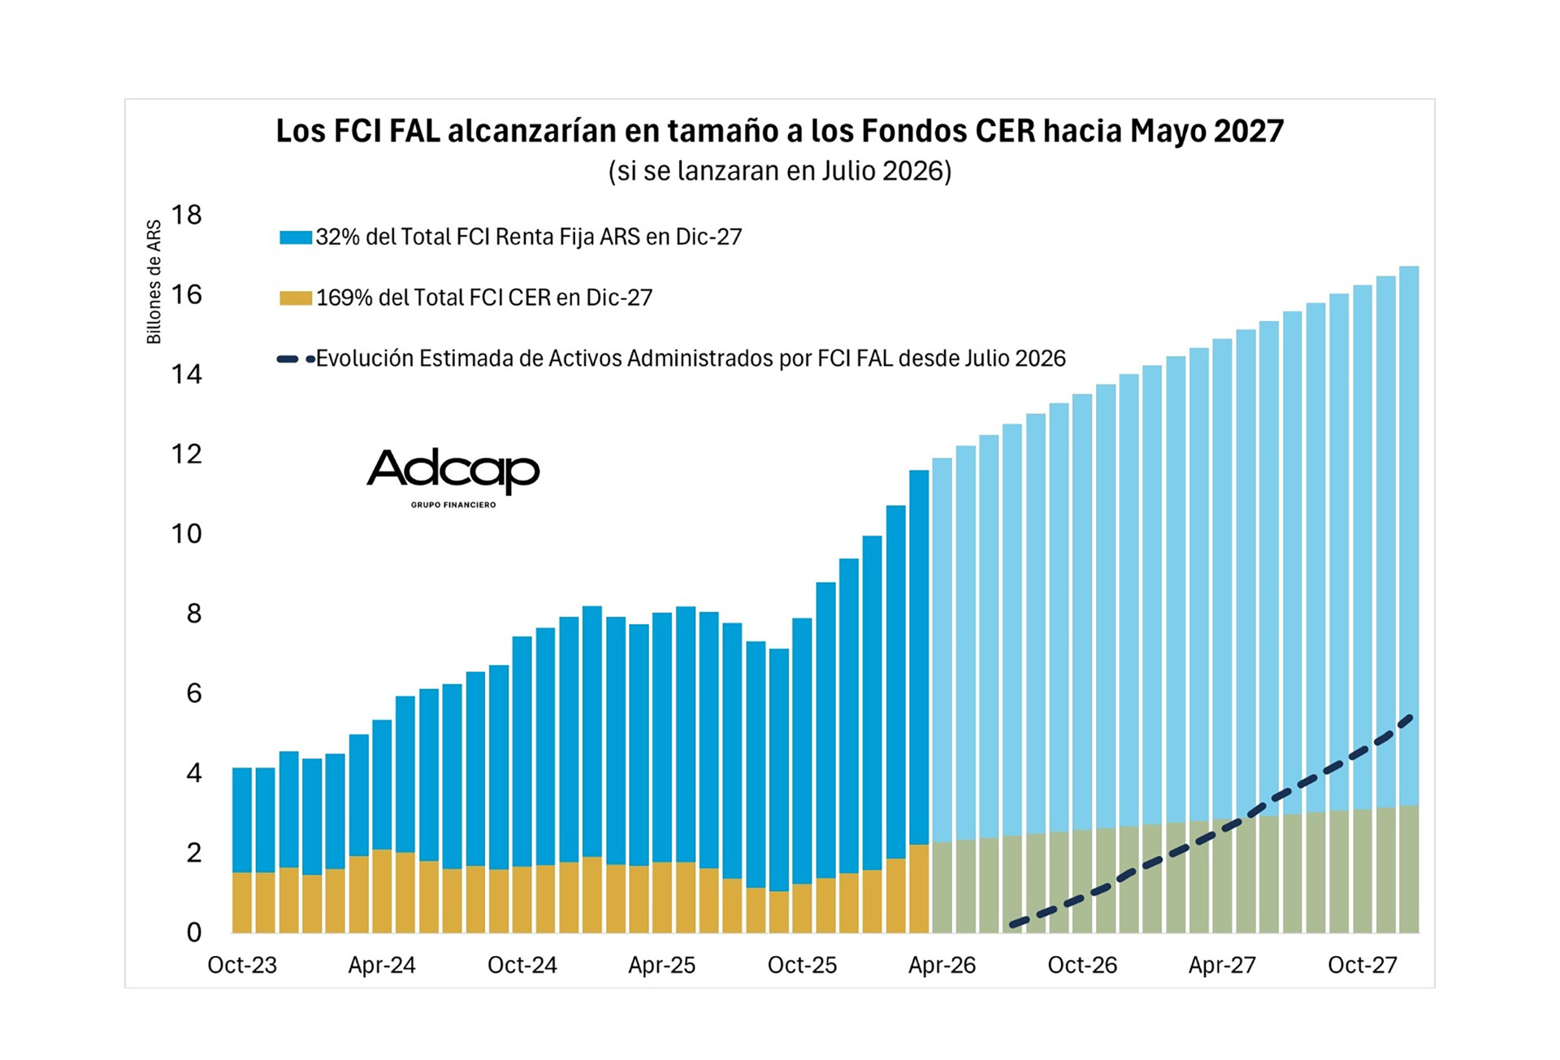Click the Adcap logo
tap(453, 476)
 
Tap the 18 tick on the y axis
tap(186, 215)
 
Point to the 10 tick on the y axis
tap(186, 533)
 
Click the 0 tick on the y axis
tap(193, 932)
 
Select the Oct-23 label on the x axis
tap(242, 965)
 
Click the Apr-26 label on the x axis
tap(942, 965)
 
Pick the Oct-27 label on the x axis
tap(1362, 965)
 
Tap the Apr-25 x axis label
tap(661, 965)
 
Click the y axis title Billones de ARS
tap(154, 282)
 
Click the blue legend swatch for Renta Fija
tap(296, 237)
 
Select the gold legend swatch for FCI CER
tap(296, 298)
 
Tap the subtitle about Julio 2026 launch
tap(779, 171)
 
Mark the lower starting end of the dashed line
tap(1013, 924)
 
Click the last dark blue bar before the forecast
tap(919, 650)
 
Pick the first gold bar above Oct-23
tap(242, 902)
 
